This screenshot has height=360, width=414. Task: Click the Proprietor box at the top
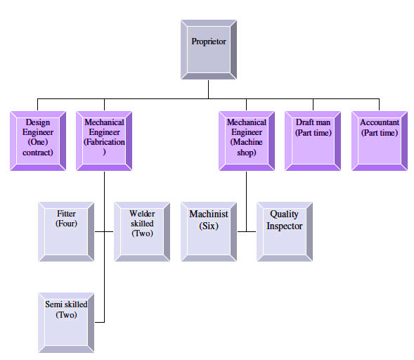(209, 49)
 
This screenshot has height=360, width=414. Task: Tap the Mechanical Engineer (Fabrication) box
(104, 141)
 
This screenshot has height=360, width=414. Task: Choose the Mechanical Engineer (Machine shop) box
(247, 141)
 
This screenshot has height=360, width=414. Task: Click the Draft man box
(313, 141)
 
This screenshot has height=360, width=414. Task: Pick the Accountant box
(379, 141)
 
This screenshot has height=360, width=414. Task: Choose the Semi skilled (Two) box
(66, 322)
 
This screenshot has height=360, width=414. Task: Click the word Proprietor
(209, 41)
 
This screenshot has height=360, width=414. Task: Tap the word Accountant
(380, 122)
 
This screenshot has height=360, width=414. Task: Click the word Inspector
(285, 226)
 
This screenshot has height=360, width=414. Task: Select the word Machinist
(209, 214)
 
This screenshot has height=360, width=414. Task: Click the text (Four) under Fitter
(66, 224)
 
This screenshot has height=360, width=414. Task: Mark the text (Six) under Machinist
(209, 226)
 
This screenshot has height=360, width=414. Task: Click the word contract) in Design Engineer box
(38, 152)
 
